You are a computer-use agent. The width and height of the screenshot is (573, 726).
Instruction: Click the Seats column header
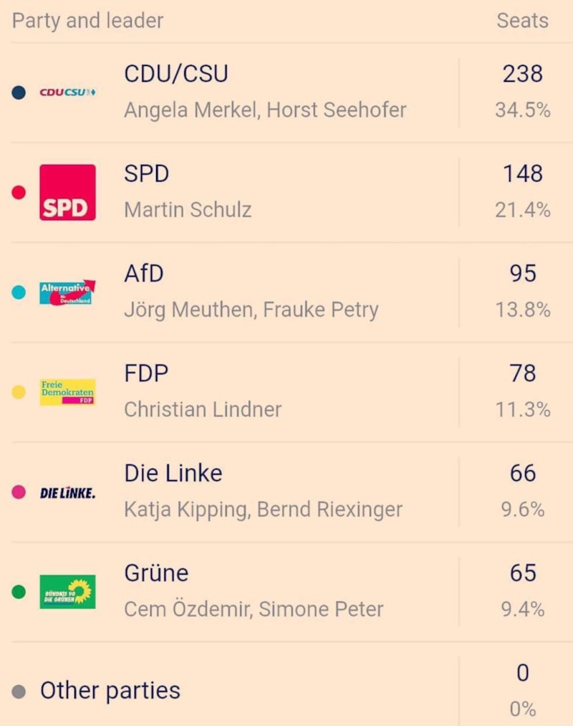pos(522,21)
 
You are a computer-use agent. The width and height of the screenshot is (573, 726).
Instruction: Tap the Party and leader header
pos(87,21)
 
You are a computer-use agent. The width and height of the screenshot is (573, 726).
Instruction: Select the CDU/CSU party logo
pos(67,92)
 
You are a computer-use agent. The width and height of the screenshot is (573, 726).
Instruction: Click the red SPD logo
pos(67,192)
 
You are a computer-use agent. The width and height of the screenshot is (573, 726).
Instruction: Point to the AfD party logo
pos(67,292)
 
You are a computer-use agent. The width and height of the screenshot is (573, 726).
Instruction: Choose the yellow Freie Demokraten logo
pos(67,392)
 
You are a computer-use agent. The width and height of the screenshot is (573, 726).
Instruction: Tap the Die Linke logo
pos(67,492)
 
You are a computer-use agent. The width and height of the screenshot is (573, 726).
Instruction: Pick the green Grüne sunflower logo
pos(67,592)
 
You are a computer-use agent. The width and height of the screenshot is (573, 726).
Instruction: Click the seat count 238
pos(522,73)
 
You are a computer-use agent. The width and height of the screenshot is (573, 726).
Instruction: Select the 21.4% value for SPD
pos(522,210)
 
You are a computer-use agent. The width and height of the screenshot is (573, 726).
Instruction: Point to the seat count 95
pos(522,273)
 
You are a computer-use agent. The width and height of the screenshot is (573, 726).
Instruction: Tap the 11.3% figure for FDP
pos(522,410)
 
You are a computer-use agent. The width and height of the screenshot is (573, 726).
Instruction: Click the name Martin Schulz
pos(188,210)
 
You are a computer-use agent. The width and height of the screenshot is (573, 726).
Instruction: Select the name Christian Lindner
pos(203,410)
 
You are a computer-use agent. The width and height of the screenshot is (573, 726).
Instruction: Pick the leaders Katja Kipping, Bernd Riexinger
pos(263,510)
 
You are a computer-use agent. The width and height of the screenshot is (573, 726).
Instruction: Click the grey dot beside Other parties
pos(19,692)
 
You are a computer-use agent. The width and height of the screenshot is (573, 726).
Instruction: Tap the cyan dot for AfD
pos(19,292)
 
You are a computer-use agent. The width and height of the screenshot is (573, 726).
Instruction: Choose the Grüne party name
pos(156,573)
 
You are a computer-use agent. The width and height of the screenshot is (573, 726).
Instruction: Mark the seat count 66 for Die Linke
pos(522,473)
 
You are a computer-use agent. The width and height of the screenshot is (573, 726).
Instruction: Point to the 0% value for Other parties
pos(522,709)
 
